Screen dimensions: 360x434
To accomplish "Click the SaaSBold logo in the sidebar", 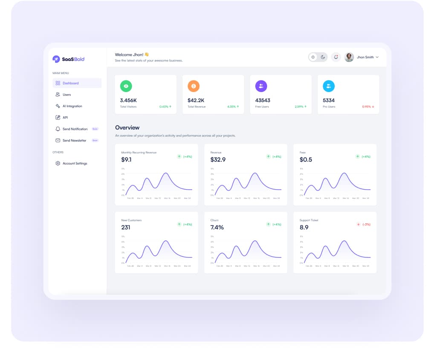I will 68,59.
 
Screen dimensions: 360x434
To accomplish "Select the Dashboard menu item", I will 70,83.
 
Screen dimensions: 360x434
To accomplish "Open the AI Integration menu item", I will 72,106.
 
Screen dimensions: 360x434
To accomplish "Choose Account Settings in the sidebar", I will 75,163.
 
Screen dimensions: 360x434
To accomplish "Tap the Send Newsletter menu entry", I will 74,141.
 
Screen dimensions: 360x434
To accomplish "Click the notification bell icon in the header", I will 336,57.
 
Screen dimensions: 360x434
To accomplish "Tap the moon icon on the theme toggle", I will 323,57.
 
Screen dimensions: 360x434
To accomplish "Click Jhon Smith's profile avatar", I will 349,57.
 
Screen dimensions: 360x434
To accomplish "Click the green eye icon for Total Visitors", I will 126,86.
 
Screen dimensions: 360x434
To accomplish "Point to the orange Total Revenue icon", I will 194,86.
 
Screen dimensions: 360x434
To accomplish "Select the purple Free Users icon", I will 261,86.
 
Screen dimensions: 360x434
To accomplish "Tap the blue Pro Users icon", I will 329,86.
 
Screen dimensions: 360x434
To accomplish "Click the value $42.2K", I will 196,100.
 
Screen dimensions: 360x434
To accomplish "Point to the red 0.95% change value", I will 366,107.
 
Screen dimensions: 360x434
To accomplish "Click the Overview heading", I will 127,127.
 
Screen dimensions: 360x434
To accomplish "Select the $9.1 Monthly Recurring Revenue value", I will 126,160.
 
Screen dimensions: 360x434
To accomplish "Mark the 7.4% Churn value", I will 217,228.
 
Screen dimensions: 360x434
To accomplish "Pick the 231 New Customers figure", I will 126,228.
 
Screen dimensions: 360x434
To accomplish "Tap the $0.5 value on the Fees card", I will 306,160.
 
